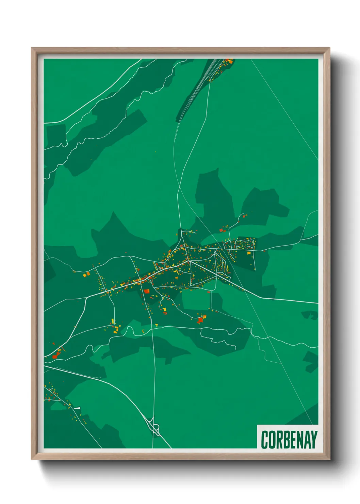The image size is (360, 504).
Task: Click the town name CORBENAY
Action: (289, 440)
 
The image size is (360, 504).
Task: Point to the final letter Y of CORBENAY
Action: (314, 440)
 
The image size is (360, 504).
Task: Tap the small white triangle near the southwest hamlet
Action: (77, 408)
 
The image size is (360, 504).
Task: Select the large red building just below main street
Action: (146, 291)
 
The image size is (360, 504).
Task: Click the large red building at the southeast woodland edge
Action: (200, 320)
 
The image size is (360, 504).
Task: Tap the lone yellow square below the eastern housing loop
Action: (248, 253)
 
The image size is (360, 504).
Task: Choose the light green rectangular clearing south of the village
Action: (196, 300)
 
